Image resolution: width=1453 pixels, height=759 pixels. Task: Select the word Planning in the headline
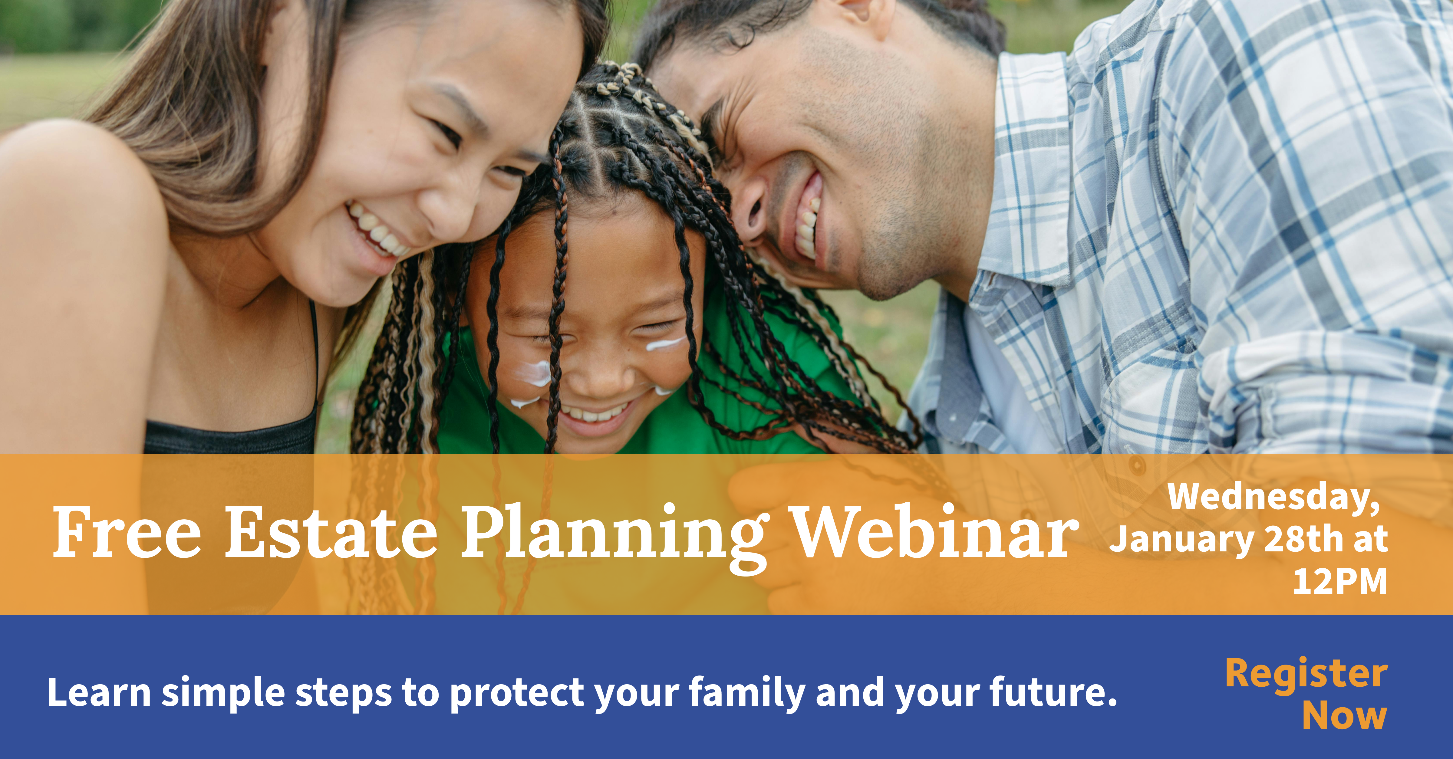(615, 538)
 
